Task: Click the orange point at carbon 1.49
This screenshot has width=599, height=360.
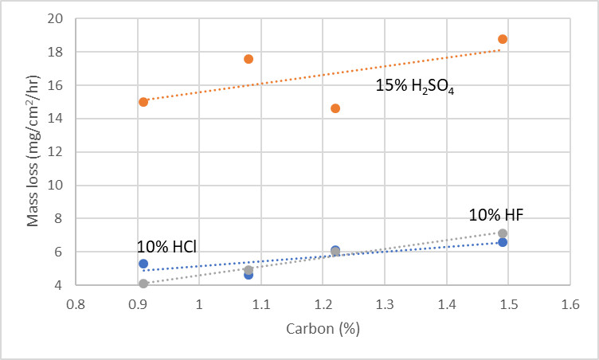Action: click(x=503, y=39)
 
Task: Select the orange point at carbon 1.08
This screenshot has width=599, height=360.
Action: click(x=249, y=59)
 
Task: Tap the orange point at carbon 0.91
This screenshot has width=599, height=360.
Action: click(x=143, y=102)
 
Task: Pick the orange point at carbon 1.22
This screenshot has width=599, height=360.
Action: click(x=335, y=108)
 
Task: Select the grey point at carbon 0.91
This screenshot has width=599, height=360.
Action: click(x=143, y=284)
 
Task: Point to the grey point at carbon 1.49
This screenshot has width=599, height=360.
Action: click(x=503, y=233)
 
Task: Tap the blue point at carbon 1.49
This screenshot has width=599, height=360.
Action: click(x=503, y=242)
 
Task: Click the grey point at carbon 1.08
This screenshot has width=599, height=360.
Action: click(x=249, y=270)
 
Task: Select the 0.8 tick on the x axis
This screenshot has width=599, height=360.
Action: click(x=76, y=305)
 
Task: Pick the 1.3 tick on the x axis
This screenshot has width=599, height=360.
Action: click(x=384, y=305)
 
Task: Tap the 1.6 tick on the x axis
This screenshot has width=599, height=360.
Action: click(x=570, y=305)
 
